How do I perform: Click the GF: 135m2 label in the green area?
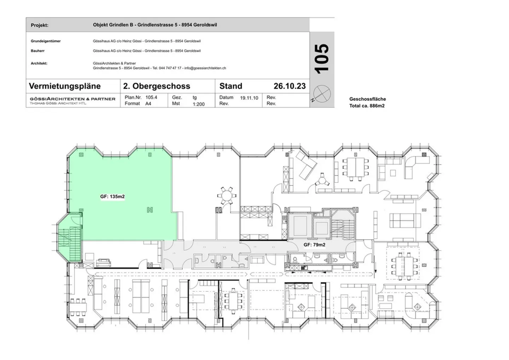point(112,197)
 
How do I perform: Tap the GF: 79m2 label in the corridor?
point(315,245)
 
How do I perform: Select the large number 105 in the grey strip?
point(322,59)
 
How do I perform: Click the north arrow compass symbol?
point(322,94)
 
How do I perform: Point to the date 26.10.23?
point(289,86)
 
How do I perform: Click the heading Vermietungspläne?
point(65,86)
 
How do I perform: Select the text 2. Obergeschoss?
point(157,86)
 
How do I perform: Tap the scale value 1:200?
point(199,104)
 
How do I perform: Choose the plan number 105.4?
point(151,98)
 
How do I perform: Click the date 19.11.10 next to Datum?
point(249,98)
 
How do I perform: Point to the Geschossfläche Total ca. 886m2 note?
point(368,102)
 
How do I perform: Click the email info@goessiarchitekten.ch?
point(205,68)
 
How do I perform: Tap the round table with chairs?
point(227,196)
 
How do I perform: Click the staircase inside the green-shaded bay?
point(70,244)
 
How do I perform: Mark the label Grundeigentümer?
point(46,41)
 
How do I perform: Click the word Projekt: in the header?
point(40,25)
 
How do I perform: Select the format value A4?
point(148,104)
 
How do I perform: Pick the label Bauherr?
point(38,51)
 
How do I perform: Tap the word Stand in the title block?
point(231,86)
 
